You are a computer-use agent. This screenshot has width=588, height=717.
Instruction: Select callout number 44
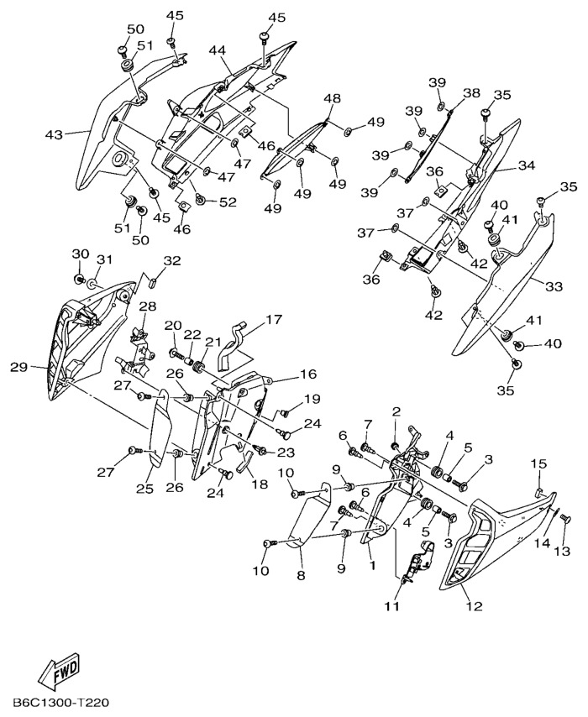[x=218, y=51]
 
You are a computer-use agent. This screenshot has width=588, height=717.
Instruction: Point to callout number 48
[x=333, y=99]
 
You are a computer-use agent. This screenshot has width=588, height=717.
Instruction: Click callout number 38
[x=471, y=93]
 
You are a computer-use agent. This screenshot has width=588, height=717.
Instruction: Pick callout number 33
[x=554, y=286]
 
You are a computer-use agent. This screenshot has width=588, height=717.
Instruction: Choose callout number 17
[x=275, y=319]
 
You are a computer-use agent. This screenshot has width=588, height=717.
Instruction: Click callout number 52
[x=228, y=201]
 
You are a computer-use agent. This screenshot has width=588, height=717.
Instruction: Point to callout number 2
[x=396, y=411]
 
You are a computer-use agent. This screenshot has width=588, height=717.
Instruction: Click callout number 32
[x=171, y=261]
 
